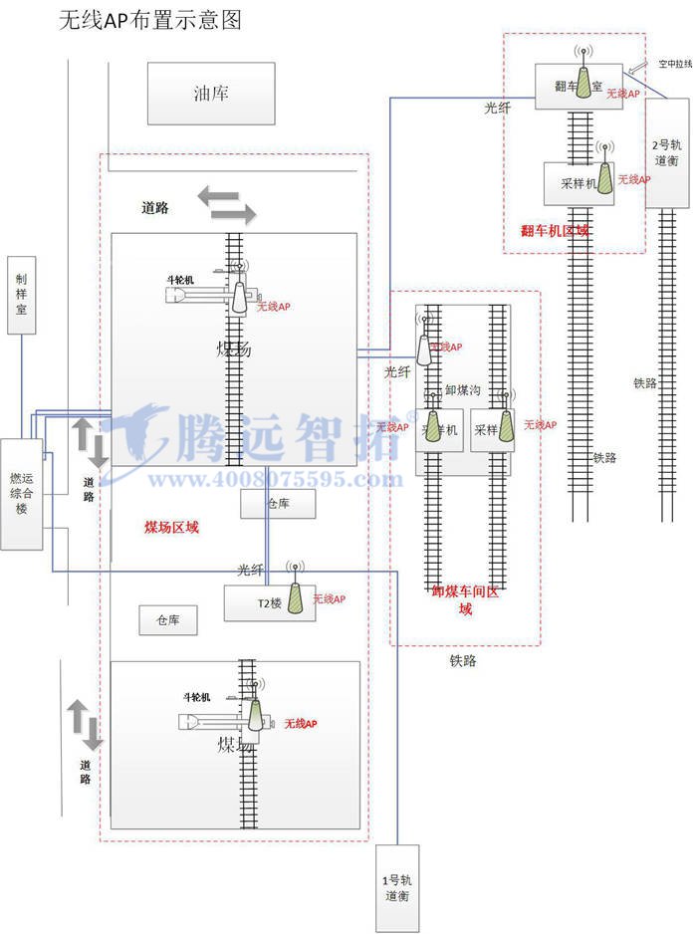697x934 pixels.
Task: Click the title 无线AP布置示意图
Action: [x=150, y=20]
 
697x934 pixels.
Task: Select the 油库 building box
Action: [x=210, y=94]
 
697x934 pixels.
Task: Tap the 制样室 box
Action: [x=21, y=296]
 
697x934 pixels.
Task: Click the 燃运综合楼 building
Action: [x=21, y=493]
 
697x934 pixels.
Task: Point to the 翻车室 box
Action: [x=578, y=87]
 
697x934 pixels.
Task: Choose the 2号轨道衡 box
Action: [x=667, y=152]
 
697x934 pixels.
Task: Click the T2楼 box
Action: [x=264, y=603]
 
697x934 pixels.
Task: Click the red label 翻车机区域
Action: [x=555, y=231]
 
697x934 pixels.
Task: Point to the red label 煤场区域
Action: [x=171, y=527]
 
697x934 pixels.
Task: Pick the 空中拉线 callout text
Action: [x=674, y=64]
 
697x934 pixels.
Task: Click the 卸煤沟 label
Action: [x=462, y=390]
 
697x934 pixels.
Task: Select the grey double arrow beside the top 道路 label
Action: [x=226, y=205]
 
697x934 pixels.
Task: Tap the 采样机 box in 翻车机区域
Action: [x=579, y=183]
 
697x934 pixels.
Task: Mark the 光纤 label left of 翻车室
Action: [x=497, y=107]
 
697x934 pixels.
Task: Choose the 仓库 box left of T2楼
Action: [x=167, y=620]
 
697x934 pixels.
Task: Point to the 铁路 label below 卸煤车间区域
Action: [x=463, y=659]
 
